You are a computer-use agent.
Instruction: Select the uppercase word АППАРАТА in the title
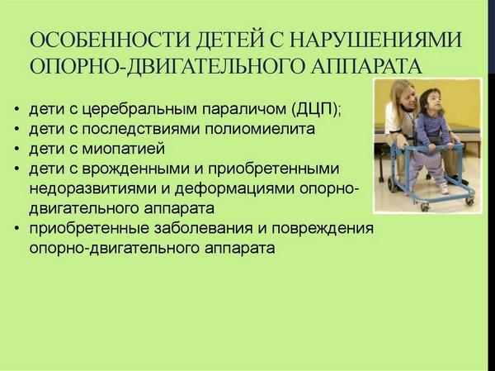pos(365,65)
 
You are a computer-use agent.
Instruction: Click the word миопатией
pos(124,149)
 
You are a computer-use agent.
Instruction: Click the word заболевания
pos(203,228)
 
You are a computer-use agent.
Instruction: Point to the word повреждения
pos(323,228)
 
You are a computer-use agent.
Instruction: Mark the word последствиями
pos(140,129)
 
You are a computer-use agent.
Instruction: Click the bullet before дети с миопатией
pos(17,150)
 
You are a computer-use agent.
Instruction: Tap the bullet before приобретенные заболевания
pos(17,229)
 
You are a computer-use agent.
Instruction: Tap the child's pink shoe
pos(443,188)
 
